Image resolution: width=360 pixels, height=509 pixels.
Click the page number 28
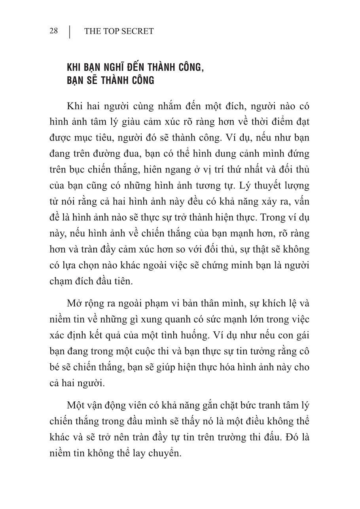tap(54, 31)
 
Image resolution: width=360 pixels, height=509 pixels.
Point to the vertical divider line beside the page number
tap(70, 32)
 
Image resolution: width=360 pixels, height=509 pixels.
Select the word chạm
tap(61, 281)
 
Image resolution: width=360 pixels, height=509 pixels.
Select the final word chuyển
tap(163, 454)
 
